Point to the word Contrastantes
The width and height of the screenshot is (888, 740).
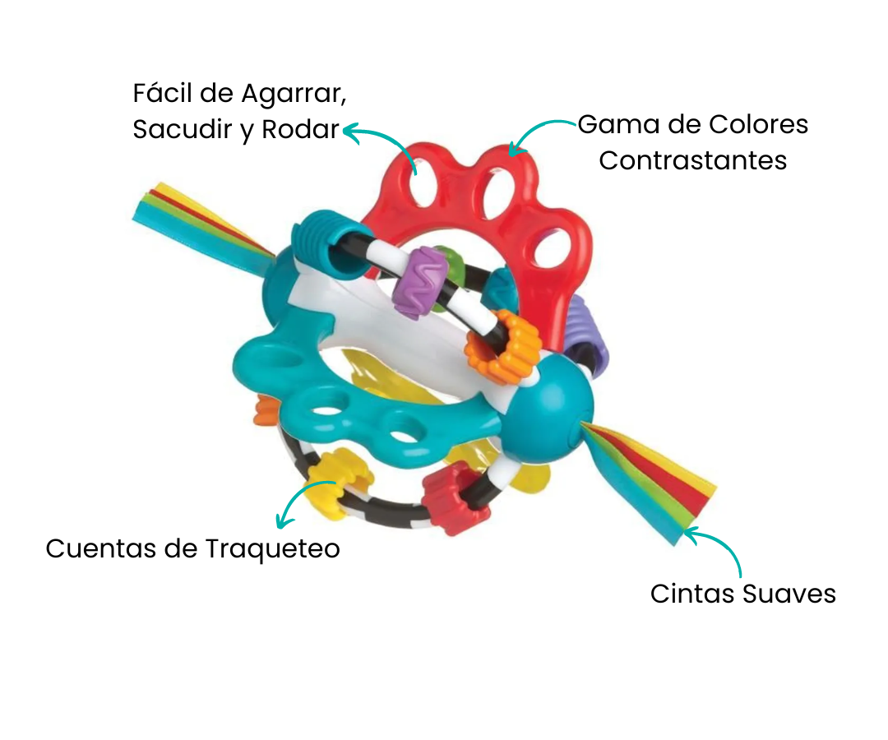692,160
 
